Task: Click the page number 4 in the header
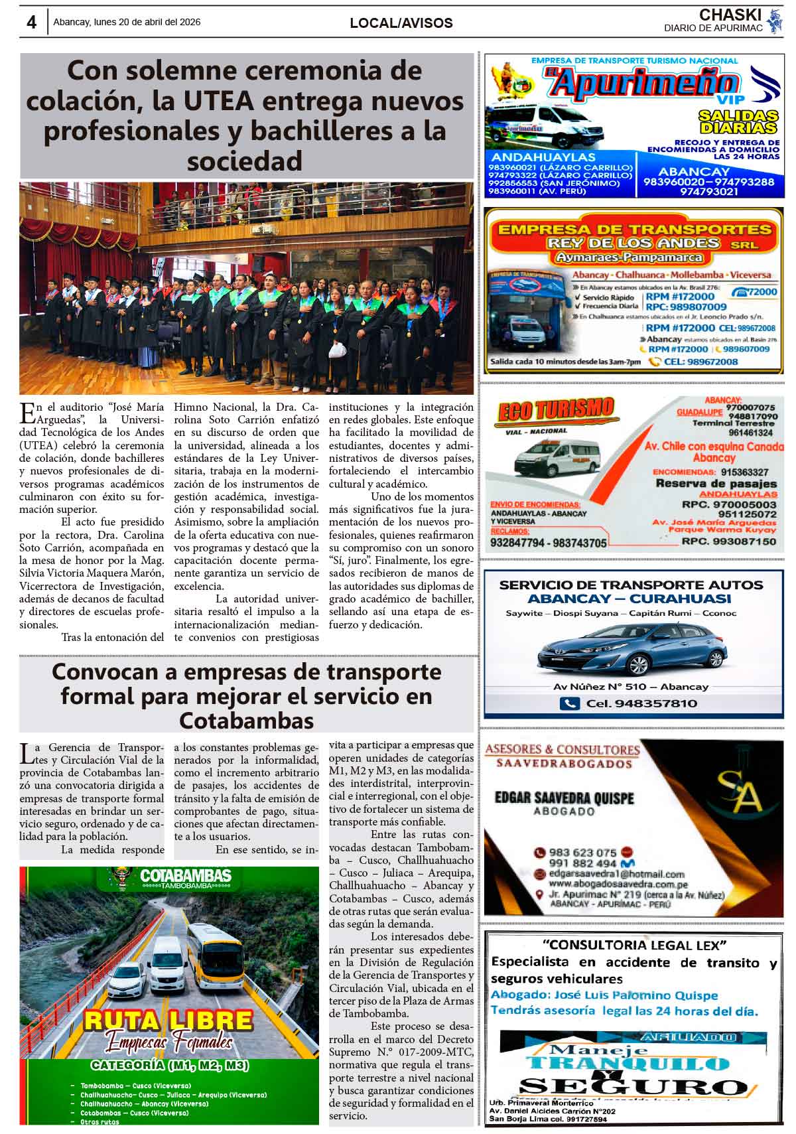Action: (31, 22)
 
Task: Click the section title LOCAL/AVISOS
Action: (401, 23)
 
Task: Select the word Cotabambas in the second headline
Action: (246, 721)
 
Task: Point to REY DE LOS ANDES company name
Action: (633, 243)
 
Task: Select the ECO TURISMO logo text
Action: (555, 409)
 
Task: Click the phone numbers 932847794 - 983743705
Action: (549, 543)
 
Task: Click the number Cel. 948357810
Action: (631, 703)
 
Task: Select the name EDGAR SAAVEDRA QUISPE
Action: (564, 798)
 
